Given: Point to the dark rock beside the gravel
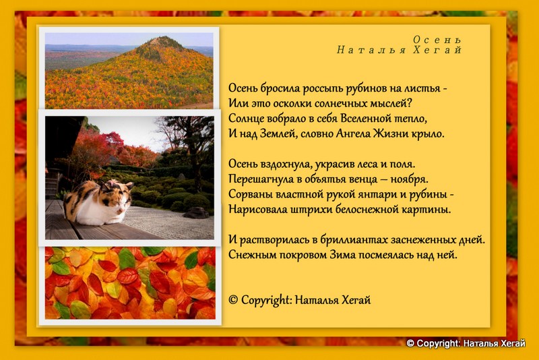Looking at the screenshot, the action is [195, 213].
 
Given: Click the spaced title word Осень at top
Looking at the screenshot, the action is [437, 40].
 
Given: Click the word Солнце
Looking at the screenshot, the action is [246, 119].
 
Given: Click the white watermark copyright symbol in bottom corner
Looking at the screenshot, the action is [410, 344].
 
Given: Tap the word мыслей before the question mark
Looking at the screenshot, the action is [389, 104].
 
